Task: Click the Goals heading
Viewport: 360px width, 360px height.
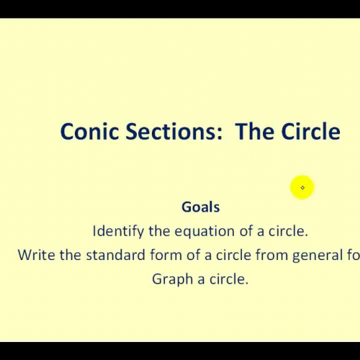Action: click(200, 207)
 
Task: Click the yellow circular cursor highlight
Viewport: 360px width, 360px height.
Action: click(302, 188)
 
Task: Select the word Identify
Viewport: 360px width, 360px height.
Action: click(118, 232)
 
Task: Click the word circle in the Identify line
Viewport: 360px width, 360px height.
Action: click(287, 232)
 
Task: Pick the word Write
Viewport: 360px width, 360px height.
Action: click(35, 255)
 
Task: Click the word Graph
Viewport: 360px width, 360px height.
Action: click(173, 279)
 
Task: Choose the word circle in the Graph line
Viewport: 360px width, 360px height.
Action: click(228, 279)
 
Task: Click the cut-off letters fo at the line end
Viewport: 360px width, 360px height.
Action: click(351, 255)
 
